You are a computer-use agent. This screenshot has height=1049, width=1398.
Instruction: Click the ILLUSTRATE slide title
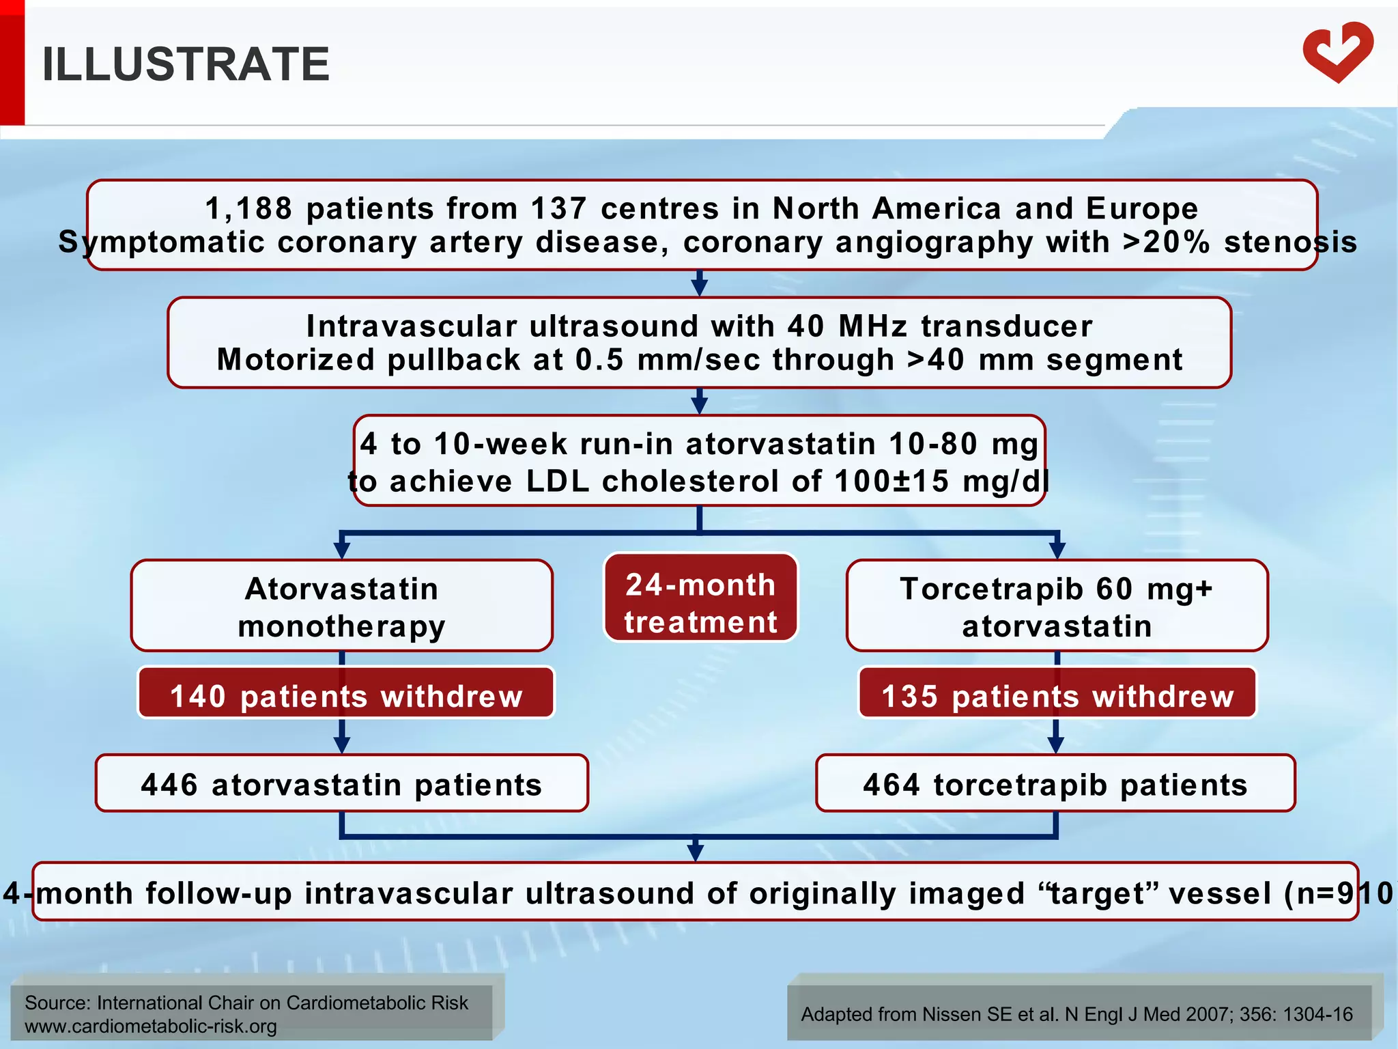point(186,64)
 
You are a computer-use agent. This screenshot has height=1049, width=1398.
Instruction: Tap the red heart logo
point(1338,52)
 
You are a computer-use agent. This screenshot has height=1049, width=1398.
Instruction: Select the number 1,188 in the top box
point(248,208)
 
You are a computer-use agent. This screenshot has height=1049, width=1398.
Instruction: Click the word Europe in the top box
point(1142,208)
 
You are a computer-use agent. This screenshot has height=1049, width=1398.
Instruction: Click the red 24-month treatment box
point(700,598)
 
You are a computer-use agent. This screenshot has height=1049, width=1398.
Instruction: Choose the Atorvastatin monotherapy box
point(341,606)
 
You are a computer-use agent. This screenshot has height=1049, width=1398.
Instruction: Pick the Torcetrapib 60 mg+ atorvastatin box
point(1057,606)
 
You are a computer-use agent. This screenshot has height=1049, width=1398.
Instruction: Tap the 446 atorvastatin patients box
point(341,784)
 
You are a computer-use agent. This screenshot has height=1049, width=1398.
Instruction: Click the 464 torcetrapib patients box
point(1055,784)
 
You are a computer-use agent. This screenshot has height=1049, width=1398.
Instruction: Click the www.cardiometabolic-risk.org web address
point(150,1026)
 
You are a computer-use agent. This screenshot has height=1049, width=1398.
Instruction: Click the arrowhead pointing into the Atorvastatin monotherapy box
point(342,550)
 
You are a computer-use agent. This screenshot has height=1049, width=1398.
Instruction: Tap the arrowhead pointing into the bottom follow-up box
point(695,852)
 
